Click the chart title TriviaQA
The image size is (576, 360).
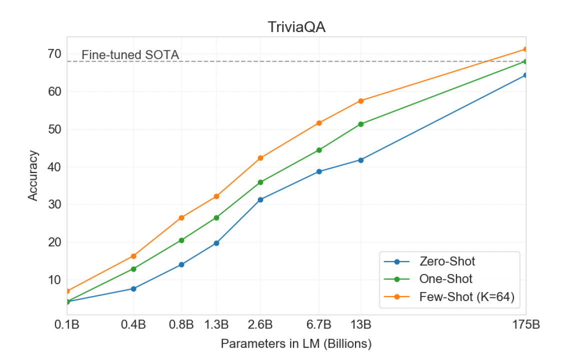[296, 28]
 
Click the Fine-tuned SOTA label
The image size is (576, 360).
[130, 55]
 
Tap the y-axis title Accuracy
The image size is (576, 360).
[33, 175]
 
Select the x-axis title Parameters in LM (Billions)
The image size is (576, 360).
[296, 344]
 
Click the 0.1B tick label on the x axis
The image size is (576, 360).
[66, 325]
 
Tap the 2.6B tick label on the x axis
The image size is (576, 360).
[259, 325]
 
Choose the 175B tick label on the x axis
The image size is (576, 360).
[525, 325]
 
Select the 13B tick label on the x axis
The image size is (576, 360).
[360, 325]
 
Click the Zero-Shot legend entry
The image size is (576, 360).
[447, 261]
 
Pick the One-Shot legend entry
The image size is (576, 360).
[445, 279]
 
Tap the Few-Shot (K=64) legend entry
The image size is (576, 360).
[466, 297]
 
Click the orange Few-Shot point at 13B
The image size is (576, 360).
[360, 101]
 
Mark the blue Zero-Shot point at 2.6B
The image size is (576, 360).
[260, 199]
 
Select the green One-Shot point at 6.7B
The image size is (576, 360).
[319, 150]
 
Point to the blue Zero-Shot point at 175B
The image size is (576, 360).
[525, 75]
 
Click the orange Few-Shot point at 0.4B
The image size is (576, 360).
[133, 256]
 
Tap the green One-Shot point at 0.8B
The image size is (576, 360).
[181, 240]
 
